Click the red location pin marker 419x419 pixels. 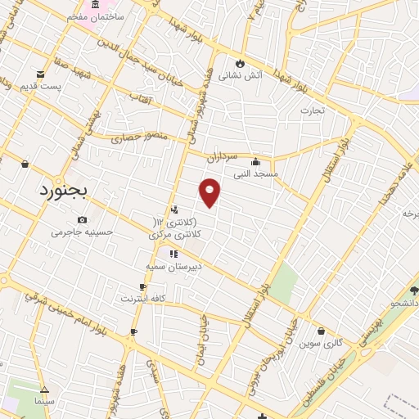[210, 192]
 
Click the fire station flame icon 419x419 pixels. [239, 63]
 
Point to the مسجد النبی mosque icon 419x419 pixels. [255, 160]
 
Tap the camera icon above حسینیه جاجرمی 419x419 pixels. [83, 219]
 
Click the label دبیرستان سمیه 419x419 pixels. [173, 267]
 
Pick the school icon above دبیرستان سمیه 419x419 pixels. [173, 254]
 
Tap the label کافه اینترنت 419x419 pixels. [143, 299]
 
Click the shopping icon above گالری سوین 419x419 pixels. [321, 331]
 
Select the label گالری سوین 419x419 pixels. [320, 345]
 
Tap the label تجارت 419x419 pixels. [311, 110]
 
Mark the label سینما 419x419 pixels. [43, 403]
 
